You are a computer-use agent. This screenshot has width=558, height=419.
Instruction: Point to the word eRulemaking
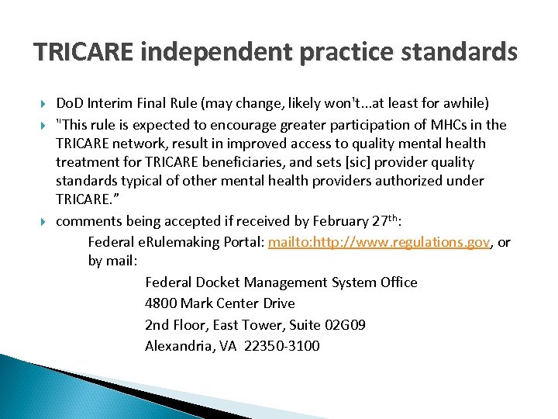coord(172,242)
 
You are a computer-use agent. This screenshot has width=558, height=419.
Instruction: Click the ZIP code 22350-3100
coord(281,346)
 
